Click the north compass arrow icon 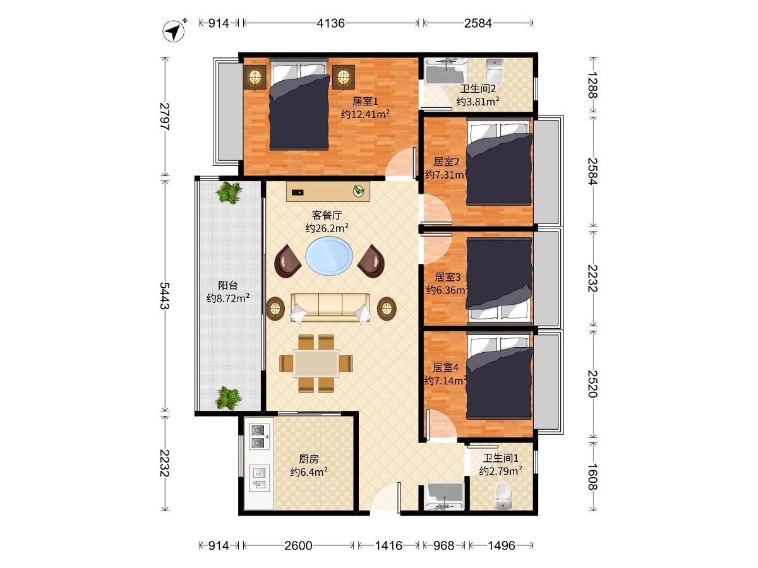point(174,31)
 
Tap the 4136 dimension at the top point(330,23)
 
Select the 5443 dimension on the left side point(165,295)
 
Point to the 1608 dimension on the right point(593,476)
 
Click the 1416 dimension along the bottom point(388,545)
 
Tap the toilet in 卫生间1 point(502,495)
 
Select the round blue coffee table point(329,256)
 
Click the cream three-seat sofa point(330,308)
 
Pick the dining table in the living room point(316,363)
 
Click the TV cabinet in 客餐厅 point(328,191)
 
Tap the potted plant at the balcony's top point(228,192)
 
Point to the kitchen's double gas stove point(259,437)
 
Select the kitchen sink point(259,478)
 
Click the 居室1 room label point(365,102)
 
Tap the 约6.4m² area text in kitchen point(309,472)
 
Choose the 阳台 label point(228,285)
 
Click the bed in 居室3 point(499,280)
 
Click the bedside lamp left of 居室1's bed point(255,77)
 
